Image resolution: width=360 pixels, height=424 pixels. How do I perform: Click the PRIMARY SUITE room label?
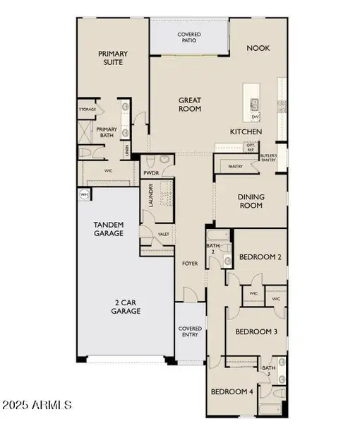coord(111,57)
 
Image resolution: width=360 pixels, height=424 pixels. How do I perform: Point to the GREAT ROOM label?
coord(188,105)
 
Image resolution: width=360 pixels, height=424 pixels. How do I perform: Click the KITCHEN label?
coord(246,132)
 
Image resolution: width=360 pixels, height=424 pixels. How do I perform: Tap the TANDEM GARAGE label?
coord(109,228)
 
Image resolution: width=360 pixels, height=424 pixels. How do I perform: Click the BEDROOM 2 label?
coord(260,258)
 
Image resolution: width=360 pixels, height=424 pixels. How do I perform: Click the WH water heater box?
coord(83,194)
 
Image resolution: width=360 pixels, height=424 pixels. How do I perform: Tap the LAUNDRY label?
coord(150,196)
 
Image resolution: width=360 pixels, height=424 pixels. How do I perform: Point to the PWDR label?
coord(151,172)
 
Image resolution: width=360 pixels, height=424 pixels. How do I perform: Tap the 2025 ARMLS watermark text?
coord(37,405)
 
